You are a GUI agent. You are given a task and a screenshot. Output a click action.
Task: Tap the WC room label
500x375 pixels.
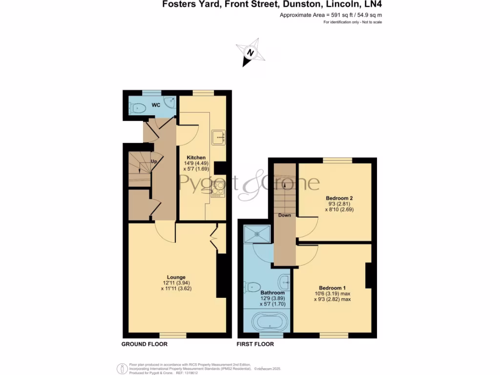click(x=156, y=105)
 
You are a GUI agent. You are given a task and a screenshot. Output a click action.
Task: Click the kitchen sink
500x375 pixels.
click(x=218, y=138)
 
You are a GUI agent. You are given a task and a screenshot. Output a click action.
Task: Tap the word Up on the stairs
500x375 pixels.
click(x=153, y=161)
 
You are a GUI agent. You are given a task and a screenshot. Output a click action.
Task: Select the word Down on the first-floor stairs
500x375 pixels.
click(x=285, y=215)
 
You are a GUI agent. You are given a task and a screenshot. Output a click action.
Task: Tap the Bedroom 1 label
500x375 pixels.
click(x=333, y=288)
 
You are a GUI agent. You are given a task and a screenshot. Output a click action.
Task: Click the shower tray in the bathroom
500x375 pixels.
click(x=256, y=234)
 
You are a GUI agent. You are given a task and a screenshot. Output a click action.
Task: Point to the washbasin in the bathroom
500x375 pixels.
click(x=285, y=282)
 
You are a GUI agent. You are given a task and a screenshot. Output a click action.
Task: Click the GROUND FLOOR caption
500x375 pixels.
click(x=145, y=344)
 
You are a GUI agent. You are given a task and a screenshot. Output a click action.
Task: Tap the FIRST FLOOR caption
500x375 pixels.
click(x=255, y=344)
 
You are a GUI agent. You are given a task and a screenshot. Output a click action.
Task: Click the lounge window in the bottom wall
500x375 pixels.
click(x=173, y=335)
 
